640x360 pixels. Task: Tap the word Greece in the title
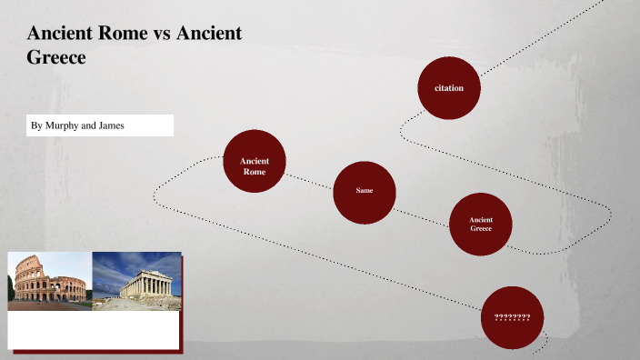tap(56, 57)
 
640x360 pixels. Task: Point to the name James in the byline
tap(110, 125)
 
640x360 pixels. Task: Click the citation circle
tap(449, 88)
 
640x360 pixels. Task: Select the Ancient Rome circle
tap(255, 161)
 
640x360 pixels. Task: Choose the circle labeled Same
tap(365, 191)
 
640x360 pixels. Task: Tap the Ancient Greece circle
tap(481, 224)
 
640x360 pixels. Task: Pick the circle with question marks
tap(512, 316)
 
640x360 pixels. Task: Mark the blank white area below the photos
tap(95, 329)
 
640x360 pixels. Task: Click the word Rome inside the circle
tap(255, 172)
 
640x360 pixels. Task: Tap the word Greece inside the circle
tap(481, 228)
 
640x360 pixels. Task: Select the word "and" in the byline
tap(88, 125)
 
